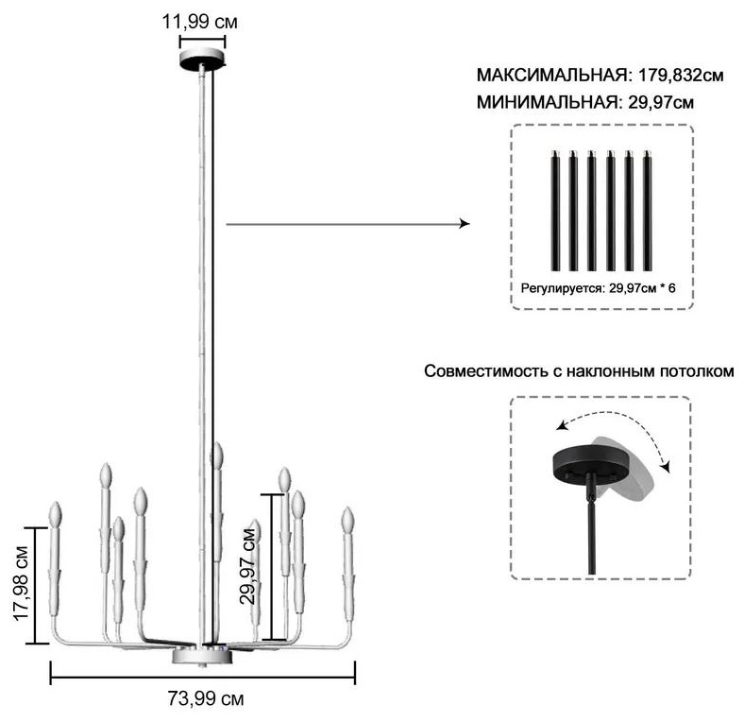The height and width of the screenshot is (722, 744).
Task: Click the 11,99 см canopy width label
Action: click(x=200, y=22)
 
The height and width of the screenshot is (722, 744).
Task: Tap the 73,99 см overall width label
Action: click(x=206, y=698)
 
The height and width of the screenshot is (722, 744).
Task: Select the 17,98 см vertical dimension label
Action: click(x=22, y=584)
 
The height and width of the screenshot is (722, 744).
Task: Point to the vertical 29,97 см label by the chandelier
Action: click(x=248, y=565)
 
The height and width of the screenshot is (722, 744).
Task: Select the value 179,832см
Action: click(x=681, y=75)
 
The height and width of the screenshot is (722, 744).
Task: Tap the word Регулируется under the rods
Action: click(x=563, y=288)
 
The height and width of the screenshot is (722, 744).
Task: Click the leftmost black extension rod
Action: click(x=554, y=211)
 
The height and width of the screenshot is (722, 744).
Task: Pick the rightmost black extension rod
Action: click(x=647, y=211)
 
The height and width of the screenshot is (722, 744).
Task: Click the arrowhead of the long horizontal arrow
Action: click(x=464, y=224)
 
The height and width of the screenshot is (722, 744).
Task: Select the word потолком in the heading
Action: click(x=697, y=371)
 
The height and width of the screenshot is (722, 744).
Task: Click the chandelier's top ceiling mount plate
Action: click(x=202, y=59)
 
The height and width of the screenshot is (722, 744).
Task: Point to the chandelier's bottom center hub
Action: click(x=203, y=655)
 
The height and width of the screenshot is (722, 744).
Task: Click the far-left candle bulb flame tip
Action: click(x=56, y=503)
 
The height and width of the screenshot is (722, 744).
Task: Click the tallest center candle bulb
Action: click(x=218, y=456)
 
